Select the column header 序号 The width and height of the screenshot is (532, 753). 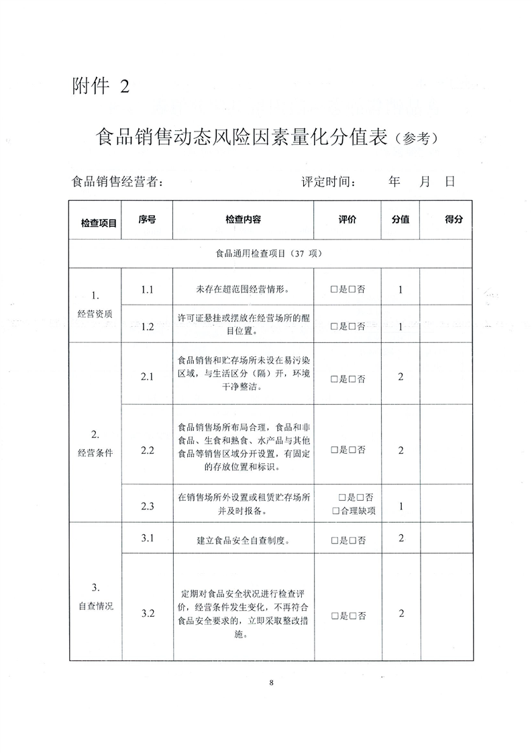(x=147, y=219)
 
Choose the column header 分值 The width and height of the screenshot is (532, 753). (x=401, y=219)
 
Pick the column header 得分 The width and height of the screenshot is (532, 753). (x=454, y=219)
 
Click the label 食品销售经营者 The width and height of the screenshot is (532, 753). (x=117, y=182)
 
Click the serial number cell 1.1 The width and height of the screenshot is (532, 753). (x=148, y=290)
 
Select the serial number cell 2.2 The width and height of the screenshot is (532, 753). (x=148, y=450)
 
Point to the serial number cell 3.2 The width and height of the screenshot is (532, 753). (x=148, y=613)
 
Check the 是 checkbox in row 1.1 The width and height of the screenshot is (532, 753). (x=334, y=291)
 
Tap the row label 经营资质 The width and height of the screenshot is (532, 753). (x=95, y=313)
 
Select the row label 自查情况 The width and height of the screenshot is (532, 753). (x=95, y=605)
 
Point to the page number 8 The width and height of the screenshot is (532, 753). (x=271, y=683)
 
